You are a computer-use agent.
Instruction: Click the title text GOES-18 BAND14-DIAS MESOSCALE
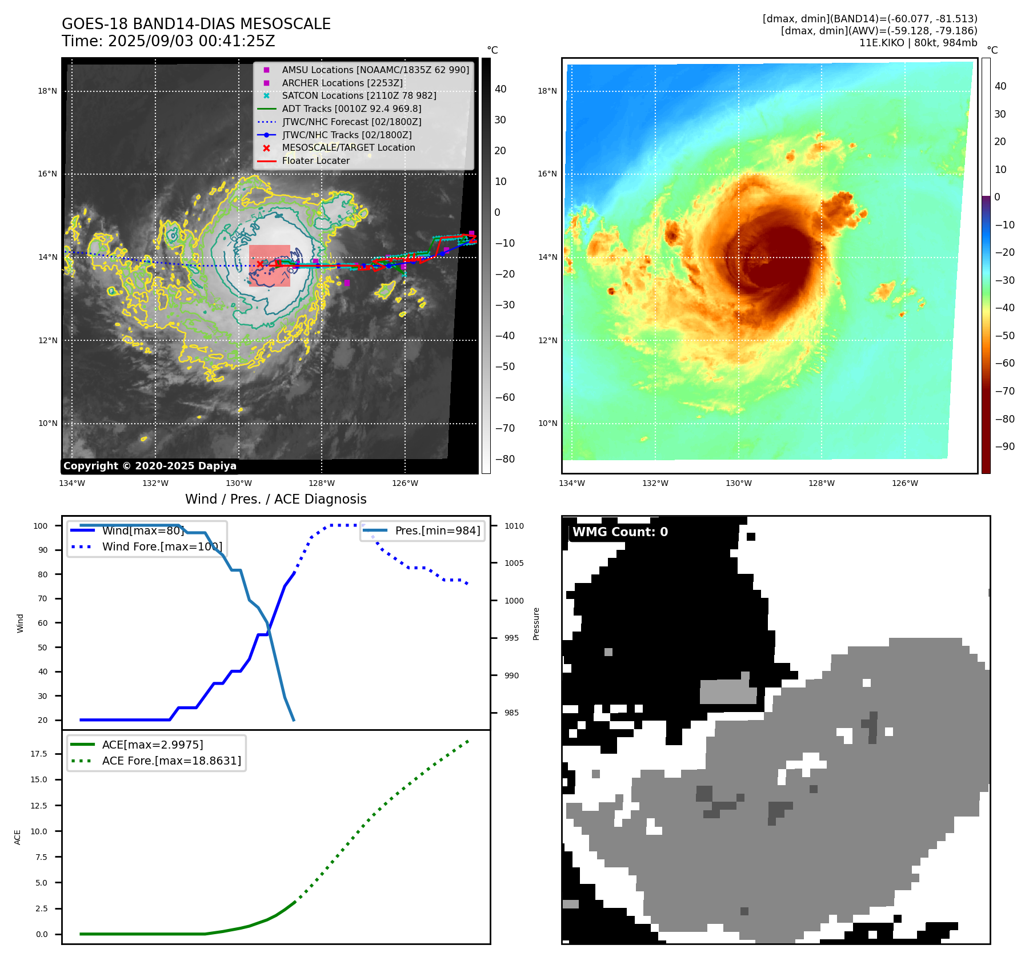196,24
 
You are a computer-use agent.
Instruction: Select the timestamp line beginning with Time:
169,41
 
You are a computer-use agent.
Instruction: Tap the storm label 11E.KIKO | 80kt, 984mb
918,43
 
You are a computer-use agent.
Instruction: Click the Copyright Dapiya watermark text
150,466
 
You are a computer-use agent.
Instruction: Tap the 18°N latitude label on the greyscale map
47,91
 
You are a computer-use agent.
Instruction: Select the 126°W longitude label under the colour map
905,483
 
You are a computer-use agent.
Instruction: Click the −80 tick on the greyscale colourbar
505,459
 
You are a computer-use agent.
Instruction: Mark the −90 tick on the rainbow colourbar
1004,447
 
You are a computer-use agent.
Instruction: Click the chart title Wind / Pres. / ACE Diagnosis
276,499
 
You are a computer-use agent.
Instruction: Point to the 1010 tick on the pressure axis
514,526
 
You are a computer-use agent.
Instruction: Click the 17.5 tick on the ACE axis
39,754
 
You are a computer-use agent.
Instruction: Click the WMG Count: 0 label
620,532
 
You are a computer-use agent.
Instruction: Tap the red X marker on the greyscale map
260,264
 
